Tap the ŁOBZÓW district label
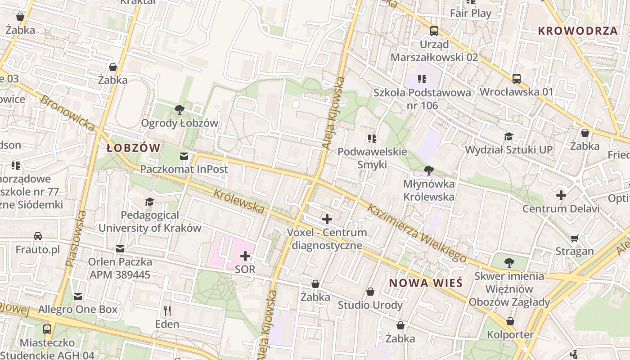point(134,148)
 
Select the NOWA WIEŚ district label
point(426,283)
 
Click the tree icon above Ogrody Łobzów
point(179,109)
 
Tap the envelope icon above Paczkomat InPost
point(184,156)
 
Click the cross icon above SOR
point(245,256)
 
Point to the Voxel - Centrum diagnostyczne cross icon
point(327,220)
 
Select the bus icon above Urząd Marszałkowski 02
point(434,31)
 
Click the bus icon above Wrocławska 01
point(517,79)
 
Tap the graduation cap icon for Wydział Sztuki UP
point(508,136)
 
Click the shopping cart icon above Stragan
point(574,238)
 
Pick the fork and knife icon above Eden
point(167,310)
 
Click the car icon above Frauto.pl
point(38,236)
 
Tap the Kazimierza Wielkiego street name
point(416,233)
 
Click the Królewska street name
point(238,201)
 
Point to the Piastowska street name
point(76,238)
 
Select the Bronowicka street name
point(67,113)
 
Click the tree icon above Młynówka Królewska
point(429,170)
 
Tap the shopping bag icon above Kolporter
point(510,321)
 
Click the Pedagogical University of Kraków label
point(149,221)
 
